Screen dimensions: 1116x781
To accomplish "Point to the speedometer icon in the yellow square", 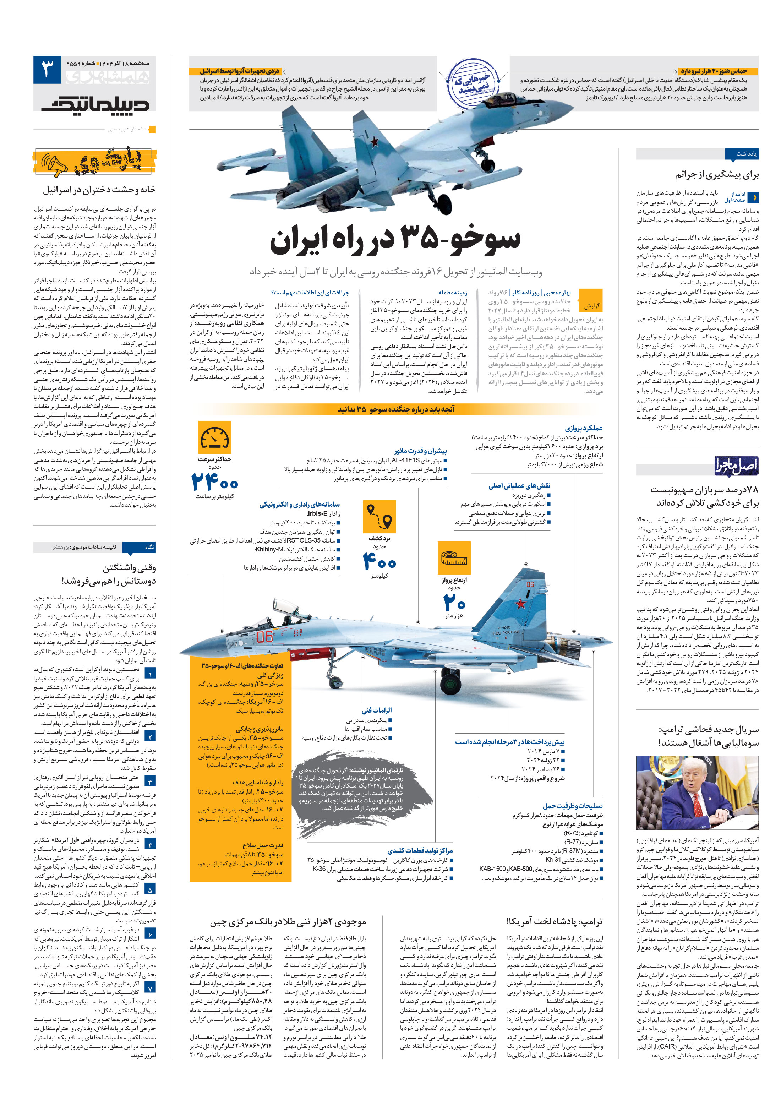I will [x=214, y=437].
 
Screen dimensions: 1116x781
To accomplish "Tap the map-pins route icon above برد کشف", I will [x=379, y=517].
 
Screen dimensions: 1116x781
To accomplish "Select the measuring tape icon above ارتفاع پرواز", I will [x=454, y=558].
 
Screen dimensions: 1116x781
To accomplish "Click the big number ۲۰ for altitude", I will [x=454, y=603].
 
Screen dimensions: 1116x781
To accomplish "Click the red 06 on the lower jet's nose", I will [x=265, y=636].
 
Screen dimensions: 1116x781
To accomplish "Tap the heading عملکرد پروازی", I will [x=583, y=428].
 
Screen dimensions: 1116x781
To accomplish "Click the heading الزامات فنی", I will [x=376, y=710].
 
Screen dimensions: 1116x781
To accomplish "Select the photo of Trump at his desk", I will [x=697, y=793].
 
